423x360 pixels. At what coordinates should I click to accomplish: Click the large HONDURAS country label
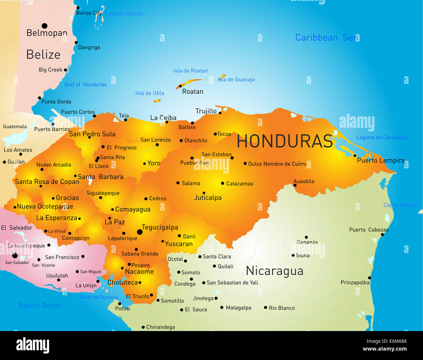285,141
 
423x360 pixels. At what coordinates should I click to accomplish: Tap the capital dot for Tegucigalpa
140,232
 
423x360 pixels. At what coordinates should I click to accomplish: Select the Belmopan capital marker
45,26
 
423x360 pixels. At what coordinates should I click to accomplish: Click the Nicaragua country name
275,271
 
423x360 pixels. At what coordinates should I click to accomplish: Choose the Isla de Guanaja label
236,80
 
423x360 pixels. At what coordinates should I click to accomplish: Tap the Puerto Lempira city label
381,160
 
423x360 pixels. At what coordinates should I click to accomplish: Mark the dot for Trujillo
220,113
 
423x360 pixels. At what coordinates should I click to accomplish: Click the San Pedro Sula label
92,134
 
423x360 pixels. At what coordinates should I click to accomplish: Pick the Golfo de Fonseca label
99,297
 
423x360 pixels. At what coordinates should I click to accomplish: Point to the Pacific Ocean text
40,305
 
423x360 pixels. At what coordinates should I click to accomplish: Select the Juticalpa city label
208,198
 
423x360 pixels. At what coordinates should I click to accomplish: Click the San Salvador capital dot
15,256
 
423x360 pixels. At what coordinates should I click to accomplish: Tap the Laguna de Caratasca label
382,138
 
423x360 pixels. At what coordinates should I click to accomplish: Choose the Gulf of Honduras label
85,85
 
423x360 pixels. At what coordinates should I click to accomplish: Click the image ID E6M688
396,341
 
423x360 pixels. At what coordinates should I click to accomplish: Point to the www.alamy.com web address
384,349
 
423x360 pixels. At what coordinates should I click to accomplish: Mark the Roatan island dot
180,86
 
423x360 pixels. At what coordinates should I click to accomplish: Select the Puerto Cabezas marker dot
382,234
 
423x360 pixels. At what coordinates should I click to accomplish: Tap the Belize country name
43,55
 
